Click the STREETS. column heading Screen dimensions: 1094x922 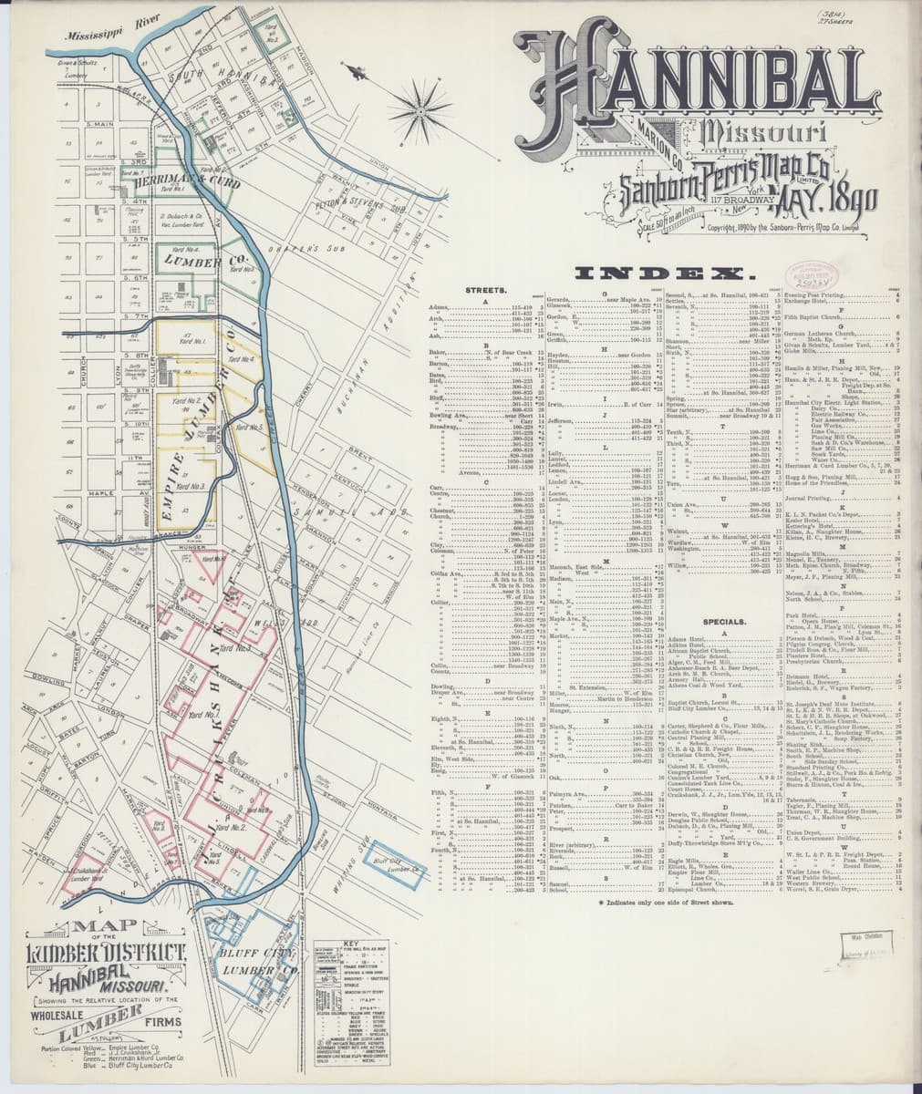point(486,290)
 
